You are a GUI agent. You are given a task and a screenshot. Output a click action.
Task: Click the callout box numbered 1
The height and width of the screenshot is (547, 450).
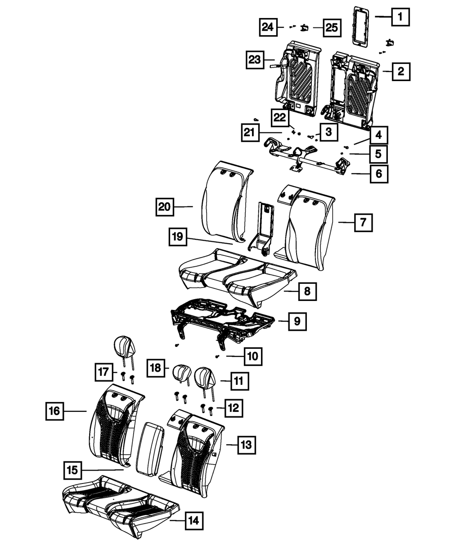(x=400, y=17)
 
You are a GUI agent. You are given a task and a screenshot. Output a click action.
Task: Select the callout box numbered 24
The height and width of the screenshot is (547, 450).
(x=268, y=27)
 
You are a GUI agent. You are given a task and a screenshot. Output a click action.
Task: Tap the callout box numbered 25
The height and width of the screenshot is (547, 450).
(x=332, y=28)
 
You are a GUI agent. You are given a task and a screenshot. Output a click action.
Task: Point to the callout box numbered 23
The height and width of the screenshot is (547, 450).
(x=255, y=60)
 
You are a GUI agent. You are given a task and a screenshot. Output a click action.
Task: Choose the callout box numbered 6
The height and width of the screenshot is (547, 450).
(x=379, y=174)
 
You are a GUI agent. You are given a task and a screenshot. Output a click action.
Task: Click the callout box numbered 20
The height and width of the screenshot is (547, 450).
(x=165, y=207)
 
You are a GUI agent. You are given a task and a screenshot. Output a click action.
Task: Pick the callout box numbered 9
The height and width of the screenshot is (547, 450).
(x=297, y=321)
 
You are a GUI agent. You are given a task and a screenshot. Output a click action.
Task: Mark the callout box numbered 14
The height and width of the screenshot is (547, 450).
(x=194, y=521)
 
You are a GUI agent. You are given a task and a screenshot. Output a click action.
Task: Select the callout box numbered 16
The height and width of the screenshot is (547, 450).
(x=55, y=411)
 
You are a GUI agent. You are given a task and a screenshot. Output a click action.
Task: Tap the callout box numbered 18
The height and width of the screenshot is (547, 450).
(x=156, y=368)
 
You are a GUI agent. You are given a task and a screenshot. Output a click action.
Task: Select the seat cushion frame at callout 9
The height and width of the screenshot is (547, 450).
(x=222, y=324)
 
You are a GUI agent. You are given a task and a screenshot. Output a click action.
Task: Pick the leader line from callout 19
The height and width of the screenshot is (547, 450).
(x=210, y=241)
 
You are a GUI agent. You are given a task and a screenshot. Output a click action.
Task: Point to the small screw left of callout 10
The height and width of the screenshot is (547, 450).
(x=217, y=356)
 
